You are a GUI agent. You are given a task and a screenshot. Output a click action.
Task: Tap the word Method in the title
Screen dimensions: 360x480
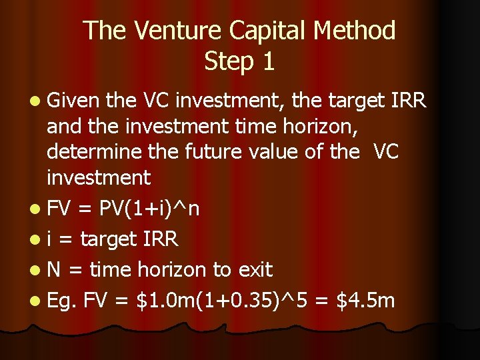tap(357, 31)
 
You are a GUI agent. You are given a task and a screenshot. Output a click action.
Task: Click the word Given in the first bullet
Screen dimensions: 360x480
tap(73, 101)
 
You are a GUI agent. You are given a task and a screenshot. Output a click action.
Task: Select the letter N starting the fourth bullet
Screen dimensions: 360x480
tap(54, 270)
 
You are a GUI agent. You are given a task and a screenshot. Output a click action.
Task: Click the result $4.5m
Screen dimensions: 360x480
tap(365, 300)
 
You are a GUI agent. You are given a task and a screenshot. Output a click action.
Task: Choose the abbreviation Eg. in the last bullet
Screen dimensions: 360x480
tap(63, 301)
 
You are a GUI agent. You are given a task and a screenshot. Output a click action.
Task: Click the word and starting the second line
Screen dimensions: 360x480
tap(64, 127)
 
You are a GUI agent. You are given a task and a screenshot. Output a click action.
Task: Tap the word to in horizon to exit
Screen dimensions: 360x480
tap(222, 270)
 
